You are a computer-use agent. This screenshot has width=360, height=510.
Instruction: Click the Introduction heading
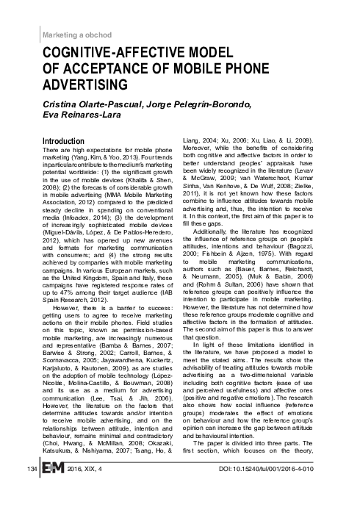tap(70, 140)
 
